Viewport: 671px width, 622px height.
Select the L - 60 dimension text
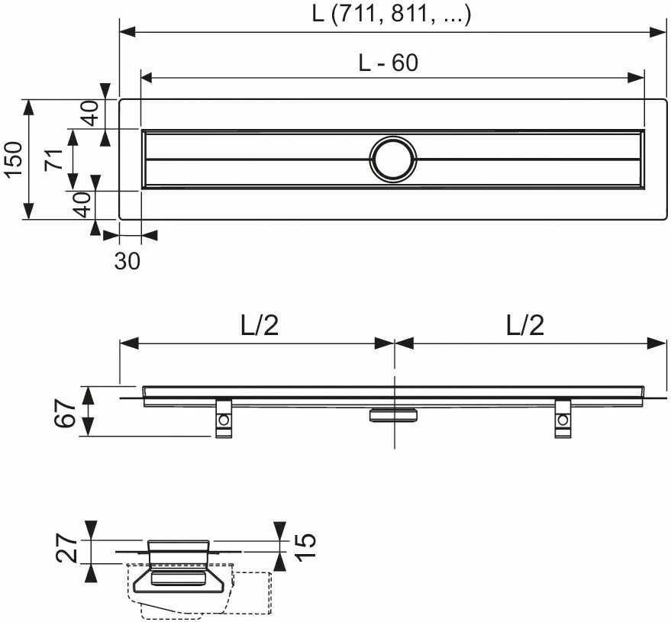pyautogui.click(x=389, y=63)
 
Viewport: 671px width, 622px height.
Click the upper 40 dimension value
pyautogui.click(x=89, y=114)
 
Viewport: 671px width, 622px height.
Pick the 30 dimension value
pyautogui.click(x=127, y=261)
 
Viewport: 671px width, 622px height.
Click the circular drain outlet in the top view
pyautogui.click(x=393, y=160)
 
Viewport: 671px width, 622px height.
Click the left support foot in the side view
pyautogui.click(x=224, y=419)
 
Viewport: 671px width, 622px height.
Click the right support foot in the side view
pyautogui.click(x=563, y=419)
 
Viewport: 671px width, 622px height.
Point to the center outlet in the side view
pyautogui.click(x=394, y=414)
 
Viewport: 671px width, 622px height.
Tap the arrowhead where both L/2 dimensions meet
pyautogui.click(x=394, y=343)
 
